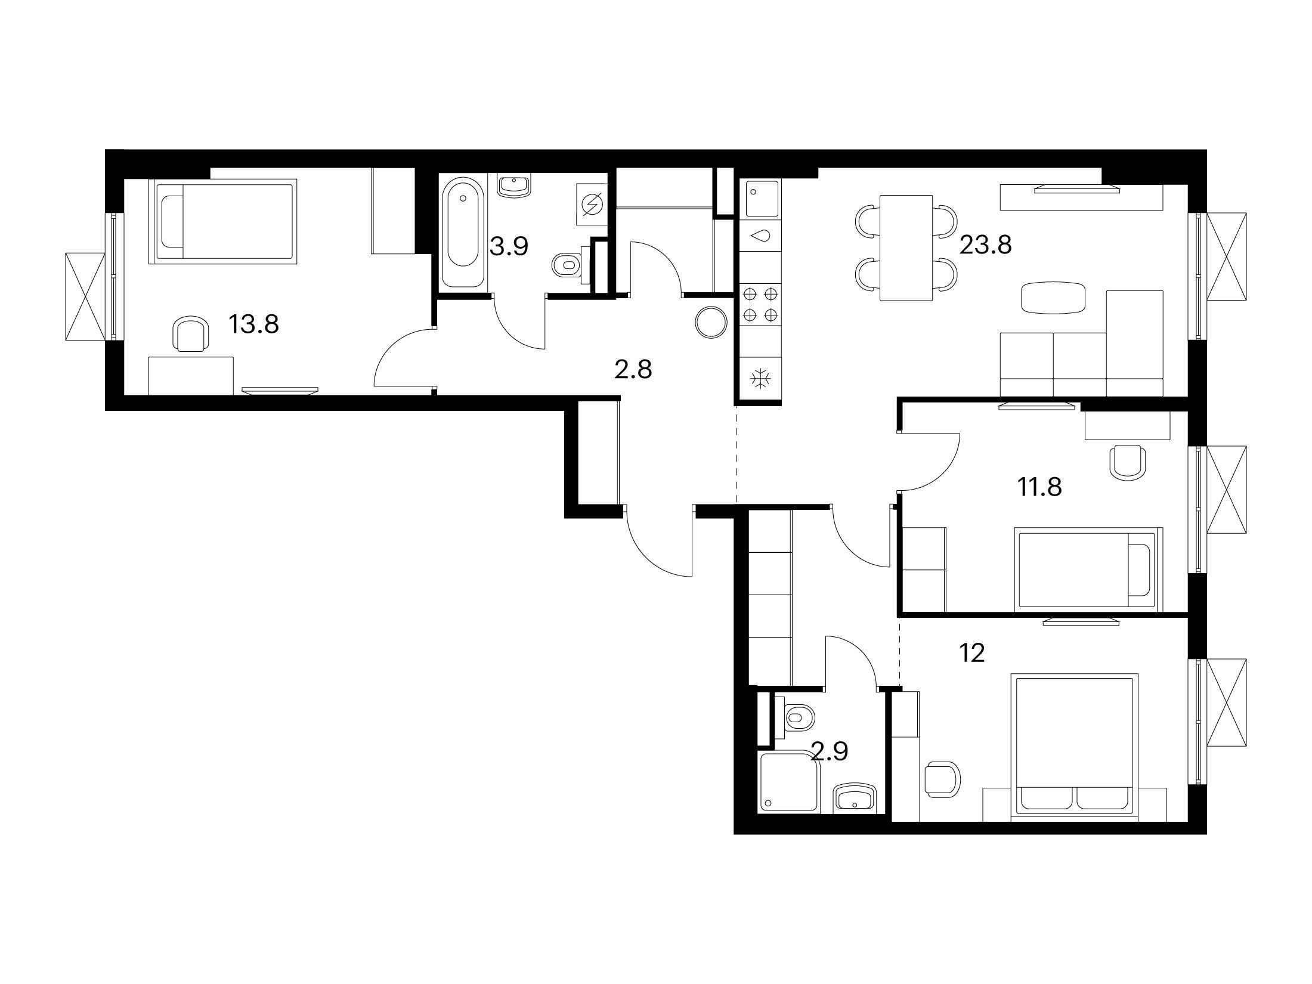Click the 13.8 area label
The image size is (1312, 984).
[x=253, y=325]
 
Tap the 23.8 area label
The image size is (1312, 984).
[x=985, y=245]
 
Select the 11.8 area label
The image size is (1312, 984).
[x=1039, y=488]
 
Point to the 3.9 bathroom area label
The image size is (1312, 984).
[x=509, y=246]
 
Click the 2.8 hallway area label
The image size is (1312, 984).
[x=633, y=370]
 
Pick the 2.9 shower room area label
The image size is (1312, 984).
[x=830, y=753]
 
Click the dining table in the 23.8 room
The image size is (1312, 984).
[x=906, y=248]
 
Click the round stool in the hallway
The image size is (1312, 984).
[x=711, y=323]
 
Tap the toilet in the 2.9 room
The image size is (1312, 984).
[x=795, y=719]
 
